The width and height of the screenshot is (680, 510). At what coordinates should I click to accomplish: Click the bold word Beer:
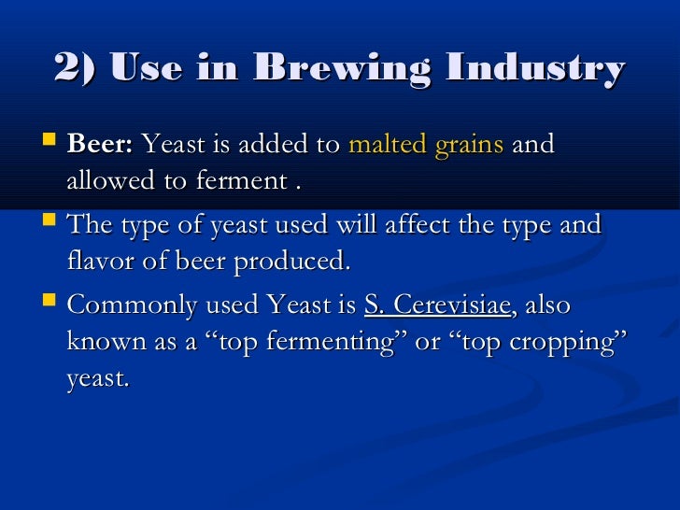click(101, 145)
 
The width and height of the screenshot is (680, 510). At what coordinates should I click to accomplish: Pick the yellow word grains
click(470, 145)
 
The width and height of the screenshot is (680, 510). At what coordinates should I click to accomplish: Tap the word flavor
click(98, 262)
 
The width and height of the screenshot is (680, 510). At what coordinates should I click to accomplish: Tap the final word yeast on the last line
click(97, 379)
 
